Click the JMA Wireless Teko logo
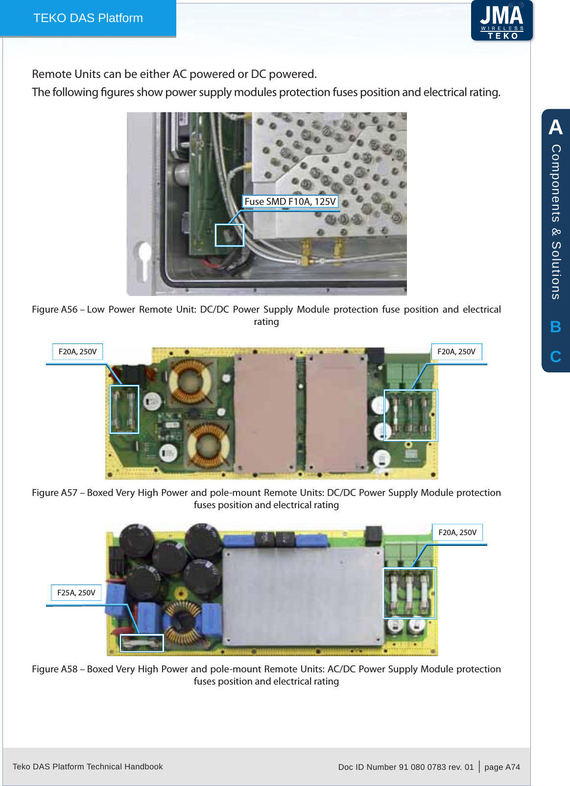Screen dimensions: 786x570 click(x=501, y=21)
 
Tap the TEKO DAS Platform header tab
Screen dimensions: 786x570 click(x=88, y=18)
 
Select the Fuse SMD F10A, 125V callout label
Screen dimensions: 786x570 click(x=290, y=201)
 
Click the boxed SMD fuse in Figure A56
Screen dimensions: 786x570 click(x=229, y=235)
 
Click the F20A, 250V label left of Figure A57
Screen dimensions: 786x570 click(x=77, y=351)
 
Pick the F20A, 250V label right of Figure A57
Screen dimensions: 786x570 click(x=456, y=351)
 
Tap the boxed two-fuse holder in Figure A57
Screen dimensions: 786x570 click(x=124, y=409)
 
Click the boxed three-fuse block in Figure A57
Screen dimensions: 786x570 click(x=410, y=415)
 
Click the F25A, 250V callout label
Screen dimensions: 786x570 click(x=76, y=592)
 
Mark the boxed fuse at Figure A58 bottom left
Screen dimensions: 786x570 click(x=142, y=643)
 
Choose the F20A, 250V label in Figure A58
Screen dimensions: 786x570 click(x=457, y=532)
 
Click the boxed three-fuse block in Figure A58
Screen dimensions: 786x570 click(x=409, y=593)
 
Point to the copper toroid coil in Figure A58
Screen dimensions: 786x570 click(x=183, y=621)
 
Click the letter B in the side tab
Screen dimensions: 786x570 click(x=555, y=327)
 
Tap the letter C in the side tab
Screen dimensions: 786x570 click(x=555, y=356)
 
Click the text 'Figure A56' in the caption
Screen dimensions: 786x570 click(x=54, y=309)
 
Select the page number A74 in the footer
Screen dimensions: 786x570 click(x=512, y=767)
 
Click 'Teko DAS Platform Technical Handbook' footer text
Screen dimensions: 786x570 click(x=88, y=766)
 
